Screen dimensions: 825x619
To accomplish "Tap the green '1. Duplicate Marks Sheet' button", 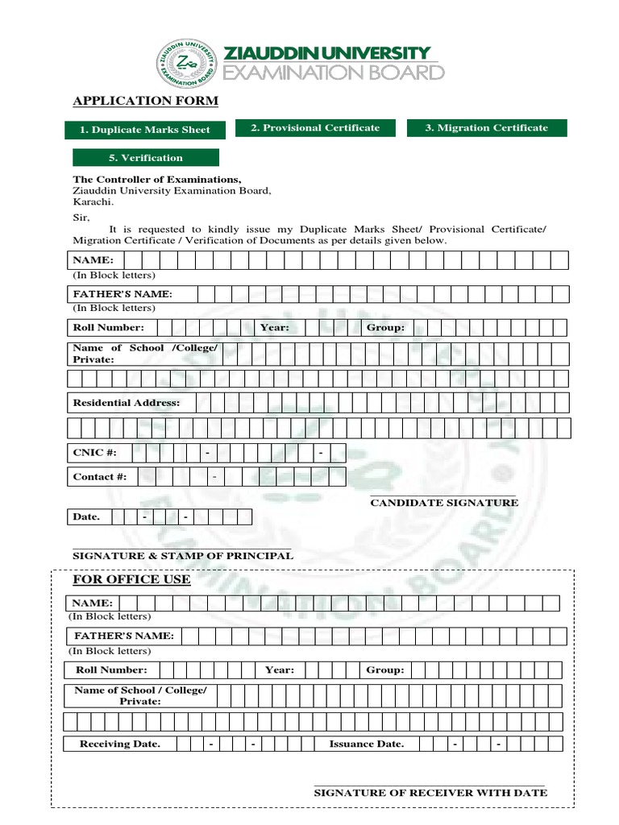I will click(145, 130).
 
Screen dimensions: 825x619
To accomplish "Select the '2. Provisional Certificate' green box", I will click(315, 128).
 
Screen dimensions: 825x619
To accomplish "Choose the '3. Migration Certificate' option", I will click(487, 128).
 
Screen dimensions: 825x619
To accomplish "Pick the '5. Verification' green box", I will click(145, 158).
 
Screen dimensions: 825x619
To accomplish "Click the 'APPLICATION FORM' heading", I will click(145, 101).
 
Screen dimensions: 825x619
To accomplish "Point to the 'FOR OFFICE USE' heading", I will click(131, 579).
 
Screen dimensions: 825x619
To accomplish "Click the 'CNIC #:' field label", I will click(89, 453).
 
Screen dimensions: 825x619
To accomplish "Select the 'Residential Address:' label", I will click(127, 403).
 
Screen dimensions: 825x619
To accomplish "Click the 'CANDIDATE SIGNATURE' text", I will click(444, 503).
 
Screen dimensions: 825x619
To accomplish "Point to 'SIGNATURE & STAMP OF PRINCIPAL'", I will click(183, 556).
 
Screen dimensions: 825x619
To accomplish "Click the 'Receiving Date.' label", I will click(119, 744).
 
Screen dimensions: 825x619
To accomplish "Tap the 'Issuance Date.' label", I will click(367, 744).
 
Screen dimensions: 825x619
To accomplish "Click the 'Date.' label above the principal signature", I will click(86, 516).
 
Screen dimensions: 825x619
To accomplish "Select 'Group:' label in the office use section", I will click(385, 670).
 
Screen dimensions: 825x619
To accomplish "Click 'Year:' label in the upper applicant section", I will click(274, 328).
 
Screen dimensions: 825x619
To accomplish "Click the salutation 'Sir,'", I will click(81, 218).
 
